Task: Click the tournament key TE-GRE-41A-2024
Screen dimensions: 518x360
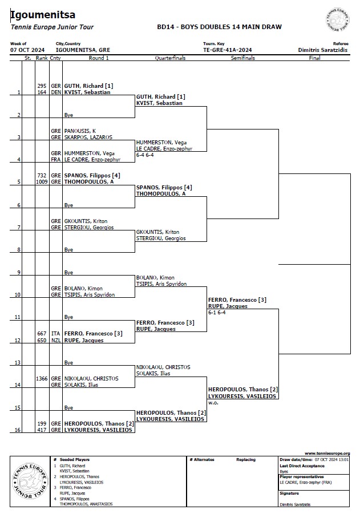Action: coord(227,50)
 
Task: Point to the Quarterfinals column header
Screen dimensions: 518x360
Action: coord(171,58)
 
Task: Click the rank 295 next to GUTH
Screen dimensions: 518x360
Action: coord(42,86)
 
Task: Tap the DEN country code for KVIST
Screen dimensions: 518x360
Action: coord(55,92)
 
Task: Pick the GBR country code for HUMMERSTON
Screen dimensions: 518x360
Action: coord(55,153)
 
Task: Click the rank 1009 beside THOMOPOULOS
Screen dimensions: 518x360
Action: coord(41,182)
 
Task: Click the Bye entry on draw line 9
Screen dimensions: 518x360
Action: coord(69,272)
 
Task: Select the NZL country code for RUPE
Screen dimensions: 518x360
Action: coord(55,340)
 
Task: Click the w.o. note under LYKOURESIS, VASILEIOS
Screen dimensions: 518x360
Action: coord(214,403)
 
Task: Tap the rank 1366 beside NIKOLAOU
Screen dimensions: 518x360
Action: coord(41,378)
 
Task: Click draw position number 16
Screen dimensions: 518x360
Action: coord(18,430)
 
